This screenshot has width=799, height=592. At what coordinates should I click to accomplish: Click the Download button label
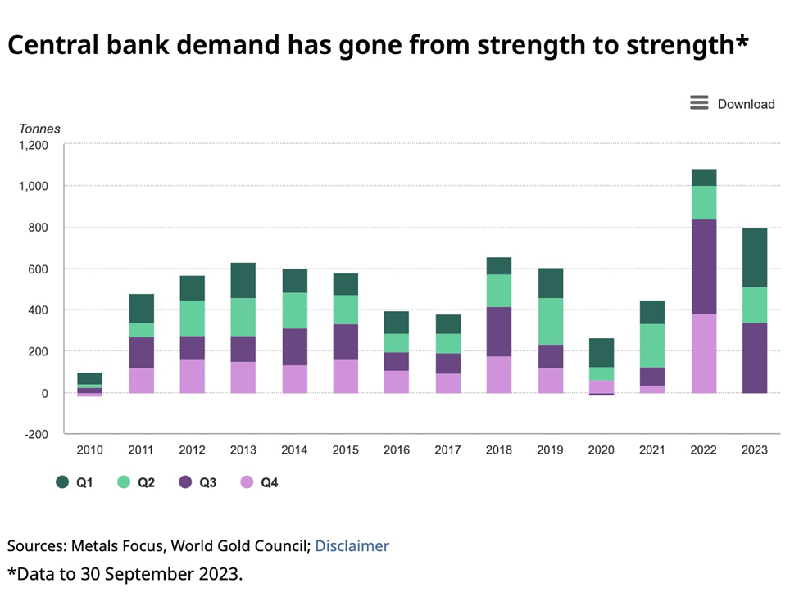click(746, 104)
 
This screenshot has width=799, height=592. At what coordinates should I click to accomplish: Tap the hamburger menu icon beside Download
click(699, 103)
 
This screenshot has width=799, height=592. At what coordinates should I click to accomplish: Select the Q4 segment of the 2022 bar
click(703, 353)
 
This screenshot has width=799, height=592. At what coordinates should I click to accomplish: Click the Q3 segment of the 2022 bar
click(703, 266)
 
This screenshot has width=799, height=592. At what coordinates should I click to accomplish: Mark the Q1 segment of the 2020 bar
click(602, 352)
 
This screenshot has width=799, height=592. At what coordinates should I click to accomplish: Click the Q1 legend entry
click(74, 483)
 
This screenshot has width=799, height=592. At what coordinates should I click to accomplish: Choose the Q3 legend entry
click(197, 483)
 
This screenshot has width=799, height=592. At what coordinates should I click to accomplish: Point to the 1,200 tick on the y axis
click(34, 145)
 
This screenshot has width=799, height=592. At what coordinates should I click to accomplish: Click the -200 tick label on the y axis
click(36, 434)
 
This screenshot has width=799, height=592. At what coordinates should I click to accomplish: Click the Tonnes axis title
click(39, 129)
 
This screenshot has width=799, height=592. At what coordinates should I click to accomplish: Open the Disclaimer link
click(352, 545)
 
